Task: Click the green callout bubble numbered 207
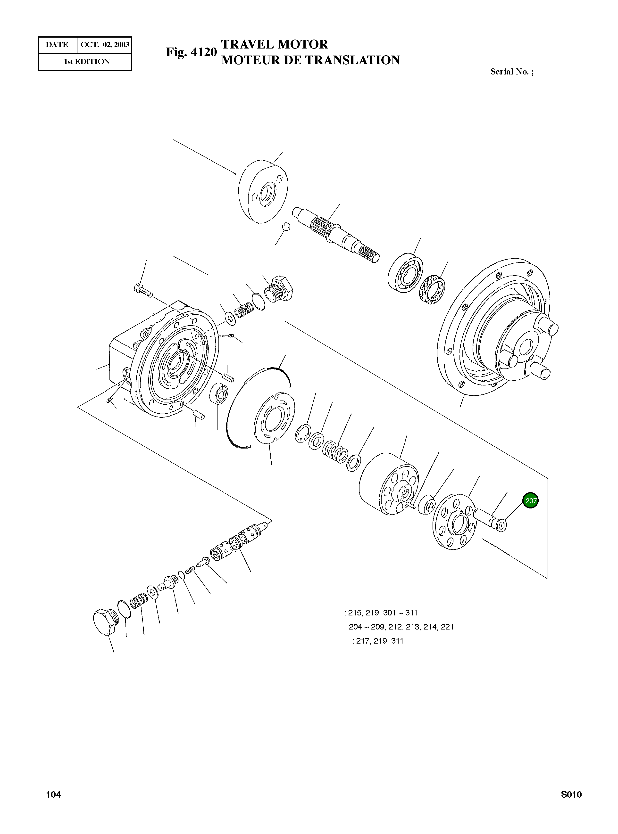point(530,500)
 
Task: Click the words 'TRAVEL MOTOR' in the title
point(275,44)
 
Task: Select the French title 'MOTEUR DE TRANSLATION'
point(310,60)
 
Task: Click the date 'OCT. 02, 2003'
point(105,45)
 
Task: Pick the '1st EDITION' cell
point(87,62)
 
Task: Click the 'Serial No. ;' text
point(512,72)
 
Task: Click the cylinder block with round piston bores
point(389,484)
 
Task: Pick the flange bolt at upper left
point(142,290)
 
